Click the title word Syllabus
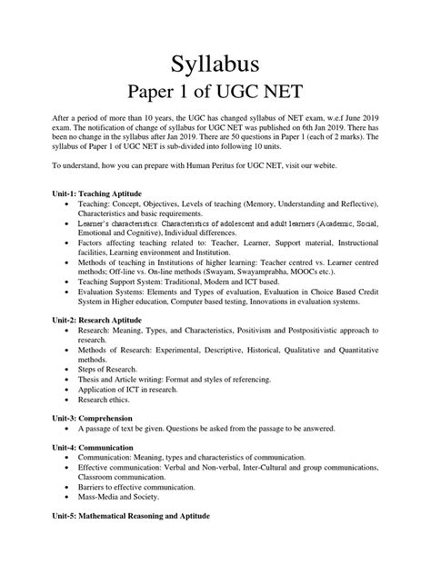click(x=215, y=64)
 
